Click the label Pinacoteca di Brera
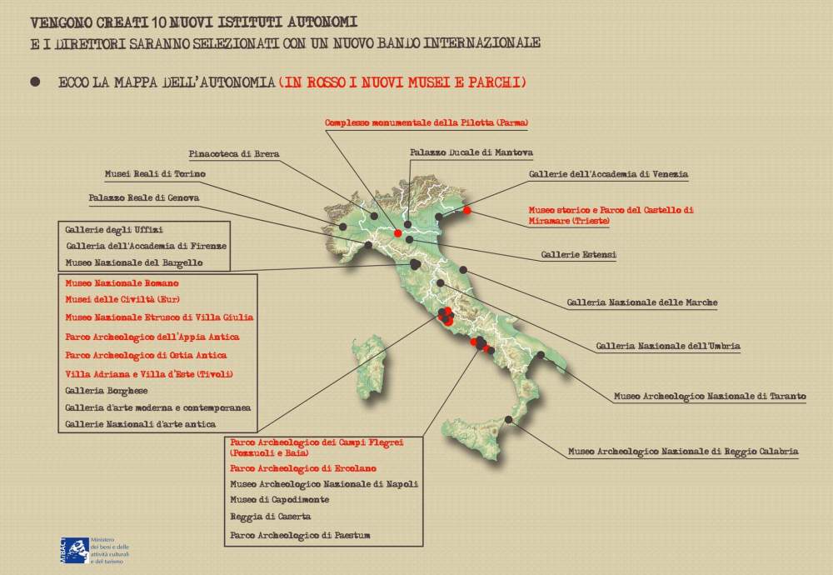tap(234, 153)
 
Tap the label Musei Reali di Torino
tap(155, 174)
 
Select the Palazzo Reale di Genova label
tap(144, 197)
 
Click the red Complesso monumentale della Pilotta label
tap(426, 122)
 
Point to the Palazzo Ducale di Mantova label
tap(471, 152)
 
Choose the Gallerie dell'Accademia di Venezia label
tap(608, 174)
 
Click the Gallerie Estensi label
tap(579, 254)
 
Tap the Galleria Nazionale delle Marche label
tap(642, 302)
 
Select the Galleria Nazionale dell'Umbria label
tap(668, 346)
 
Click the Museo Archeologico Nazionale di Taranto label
tap(711, 397)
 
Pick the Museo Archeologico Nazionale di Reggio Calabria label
tap(683, 452)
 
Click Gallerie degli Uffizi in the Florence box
tap(114, 229)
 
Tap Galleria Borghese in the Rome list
tap(107, 391)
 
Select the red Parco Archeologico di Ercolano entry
tap(303, 468)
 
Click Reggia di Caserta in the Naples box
tap(271, 517)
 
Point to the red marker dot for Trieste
tap(467, 211)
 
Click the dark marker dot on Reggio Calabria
tap(508, 420)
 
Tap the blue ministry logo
tap(74, 551)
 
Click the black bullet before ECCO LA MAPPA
tap(35, 82)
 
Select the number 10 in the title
tap(157, 22)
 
